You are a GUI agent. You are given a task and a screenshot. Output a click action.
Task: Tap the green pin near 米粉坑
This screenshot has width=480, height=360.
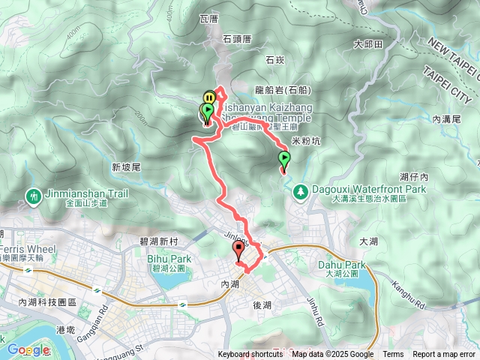pyautogui.click(x=284, y=159)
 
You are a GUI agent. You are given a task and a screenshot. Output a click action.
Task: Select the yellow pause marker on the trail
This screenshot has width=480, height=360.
pyautogui.click(x=209, y=96)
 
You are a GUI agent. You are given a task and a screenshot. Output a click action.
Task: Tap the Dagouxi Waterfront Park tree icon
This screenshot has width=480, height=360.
pyautogui.click(x=301, y=192)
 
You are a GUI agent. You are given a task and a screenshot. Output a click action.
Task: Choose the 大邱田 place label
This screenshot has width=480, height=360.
pyautogui.click(x=368, y=44)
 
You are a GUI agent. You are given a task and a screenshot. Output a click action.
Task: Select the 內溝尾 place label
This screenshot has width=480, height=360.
pyautogui.click(x=447, y=118)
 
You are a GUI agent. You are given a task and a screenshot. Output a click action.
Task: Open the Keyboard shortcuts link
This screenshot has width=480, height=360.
pyautogui.click(x=250, y=355)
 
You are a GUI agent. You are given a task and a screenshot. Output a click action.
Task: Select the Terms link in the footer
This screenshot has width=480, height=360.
pyautogui.click(x=393, y=355)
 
